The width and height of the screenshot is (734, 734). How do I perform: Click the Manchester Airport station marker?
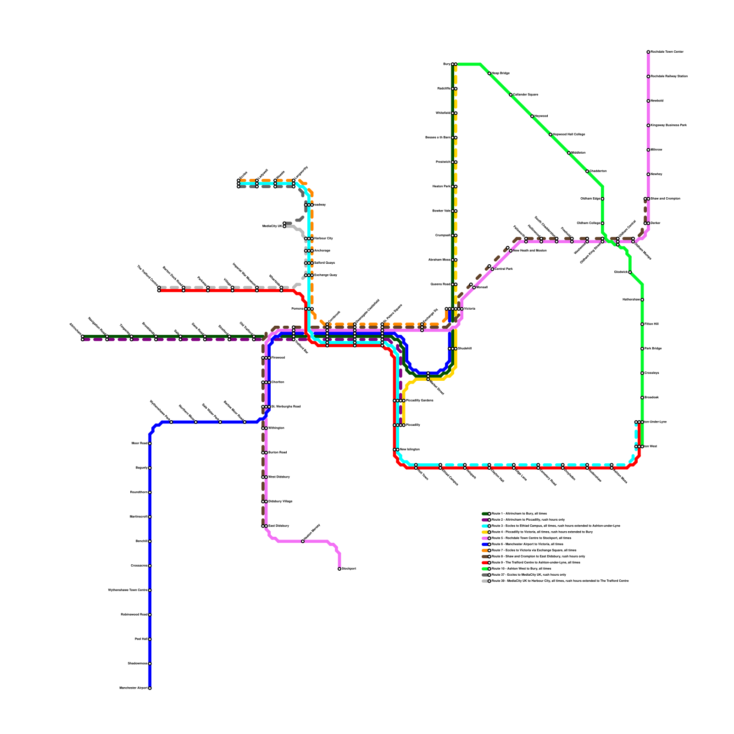(150, 688)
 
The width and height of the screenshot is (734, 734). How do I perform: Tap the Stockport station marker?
(339, 569)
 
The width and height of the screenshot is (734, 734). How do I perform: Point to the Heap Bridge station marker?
(489, 73)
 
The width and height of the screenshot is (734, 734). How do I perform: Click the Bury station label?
(446, 64)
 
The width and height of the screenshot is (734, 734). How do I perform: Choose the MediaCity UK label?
(272, 226)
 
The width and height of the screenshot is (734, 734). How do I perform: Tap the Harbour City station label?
(323, 239)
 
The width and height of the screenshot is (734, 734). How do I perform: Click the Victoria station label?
(469, 309)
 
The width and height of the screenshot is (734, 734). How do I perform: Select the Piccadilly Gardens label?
(419, 400)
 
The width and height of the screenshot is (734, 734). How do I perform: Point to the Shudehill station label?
(464, 349)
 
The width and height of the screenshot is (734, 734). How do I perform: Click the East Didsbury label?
(278, 526)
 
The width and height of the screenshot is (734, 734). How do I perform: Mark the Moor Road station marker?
(150, 444)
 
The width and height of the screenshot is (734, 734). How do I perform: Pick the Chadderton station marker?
(587, 171)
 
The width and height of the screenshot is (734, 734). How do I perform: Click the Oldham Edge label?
(590, 199)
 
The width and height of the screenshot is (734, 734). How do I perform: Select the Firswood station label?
(278, 358)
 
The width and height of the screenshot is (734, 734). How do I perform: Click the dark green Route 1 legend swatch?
(485, 514)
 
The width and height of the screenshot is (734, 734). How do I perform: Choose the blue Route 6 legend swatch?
(485, 544)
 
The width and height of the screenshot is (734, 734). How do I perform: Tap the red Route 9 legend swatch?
(485, 562)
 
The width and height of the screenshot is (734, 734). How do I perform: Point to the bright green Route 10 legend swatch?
(485, 568)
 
